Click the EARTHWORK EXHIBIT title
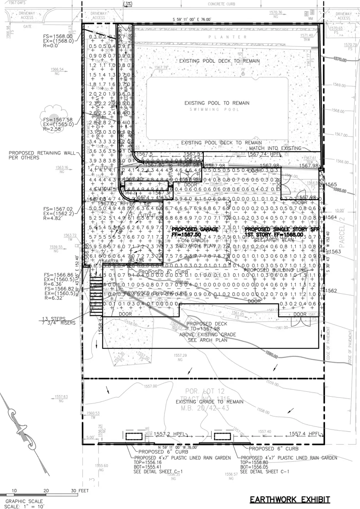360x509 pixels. [290, 500]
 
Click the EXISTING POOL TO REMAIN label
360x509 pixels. [217, 103]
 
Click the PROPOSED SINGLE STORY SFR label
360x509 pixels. [274, 229]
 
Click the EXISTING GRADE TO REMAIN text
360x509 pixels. [209, 402]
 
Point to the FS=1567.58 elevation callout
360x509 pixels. [58, 120]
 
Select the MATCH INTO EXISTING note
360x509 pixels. [275, 148]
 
